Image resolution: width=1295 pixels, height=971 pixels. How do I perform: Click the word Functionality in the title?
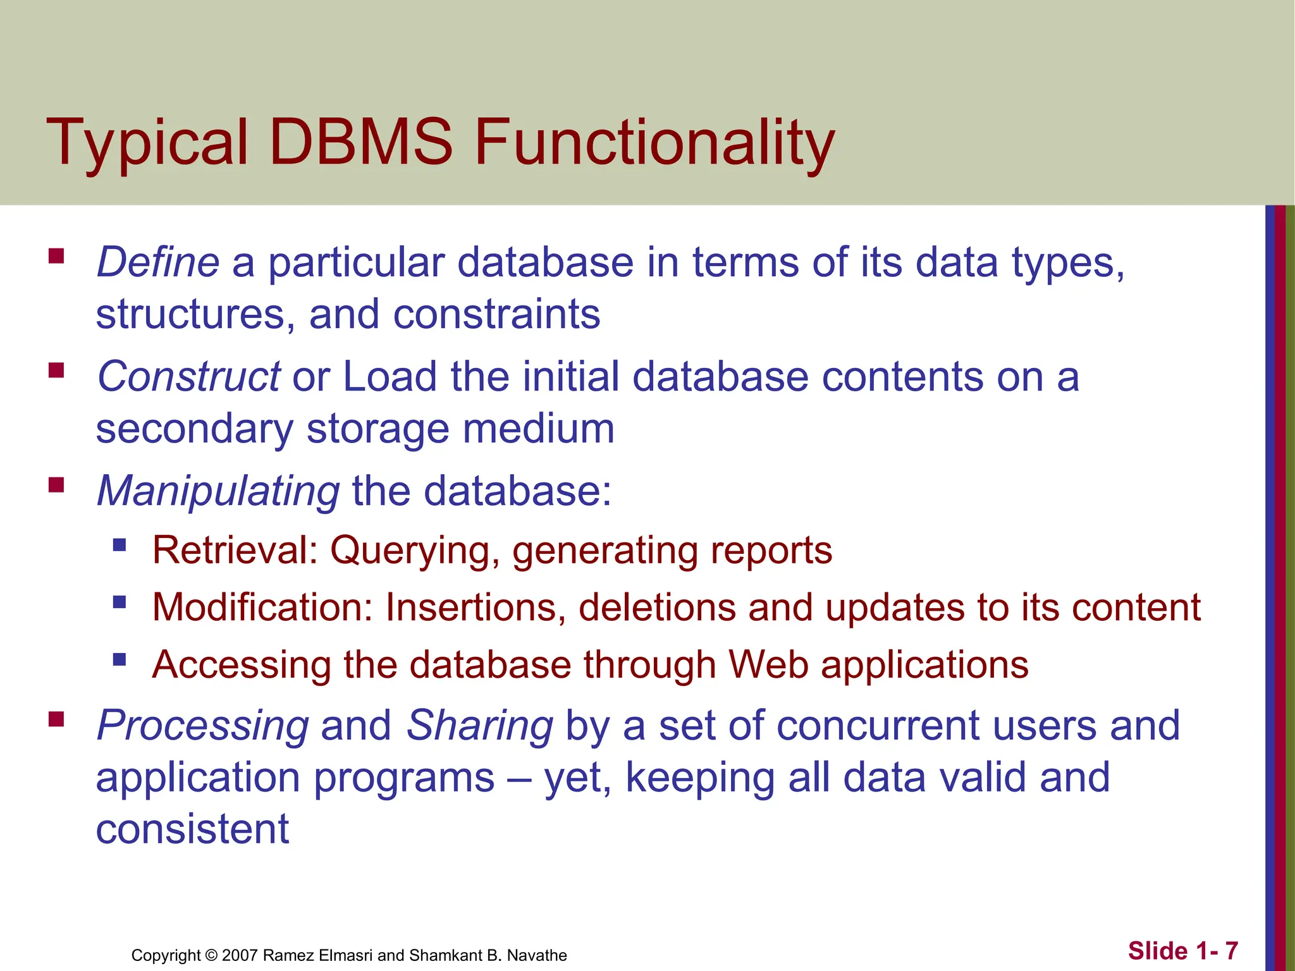pos(654,144)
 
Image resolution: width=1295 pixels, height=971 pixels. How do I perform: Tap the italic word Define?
pos(157,262)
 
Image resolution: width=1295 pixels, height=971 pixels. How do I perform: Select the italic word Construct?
pos(188,376)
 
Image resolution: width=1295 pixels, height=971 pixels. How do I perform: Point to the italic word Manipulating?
pos(218,491)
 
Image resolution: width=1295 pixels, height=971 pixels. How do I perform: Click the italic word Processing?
pos(203,725)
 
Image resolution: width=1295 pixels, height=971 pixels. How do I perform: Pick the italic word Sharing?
pos(480,725)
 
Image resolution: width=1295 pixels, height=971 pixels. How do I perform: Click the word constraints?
pos(496,314)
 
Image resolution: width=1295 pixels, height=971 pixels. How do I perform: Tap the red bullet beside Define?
pos(56,255)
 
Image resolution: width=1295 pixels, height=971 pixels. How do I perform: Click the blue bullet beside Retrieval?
pos(120,544)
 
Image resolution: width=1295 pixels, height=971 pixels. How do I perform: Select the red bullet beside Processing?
pos(56,719)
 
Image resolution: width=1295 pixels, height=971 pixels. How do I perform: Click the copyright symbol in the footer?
pos(211,955)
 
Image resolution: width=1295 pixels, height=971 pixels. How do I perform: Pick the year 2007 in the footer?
pos(240,955)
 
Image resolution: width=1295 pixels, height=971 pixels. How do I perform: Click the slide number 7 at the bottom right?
pos(1231,951)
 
